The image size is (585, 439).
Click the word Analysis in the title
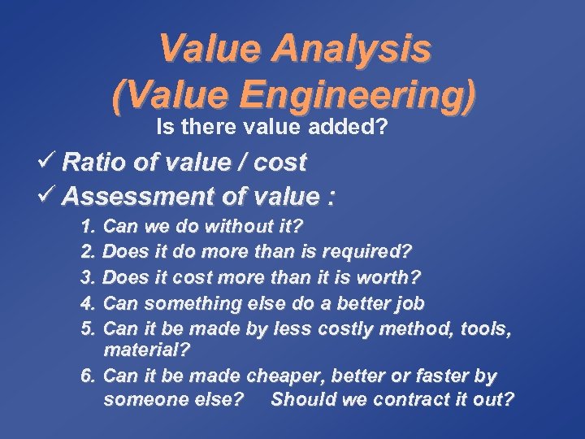click(x=354, y=50)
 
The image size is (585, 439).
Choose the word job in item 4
click(x=406, y=303)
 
